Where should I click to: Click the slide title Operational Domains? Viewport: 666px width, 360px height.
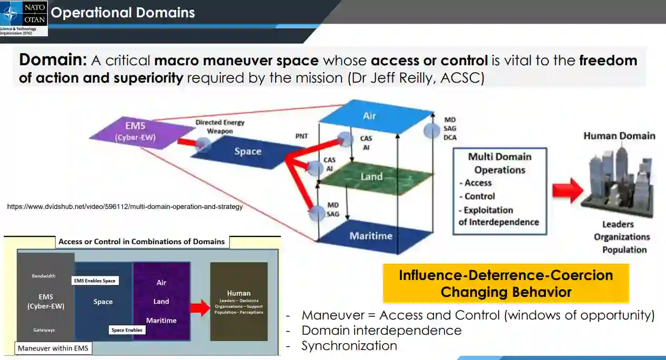123,13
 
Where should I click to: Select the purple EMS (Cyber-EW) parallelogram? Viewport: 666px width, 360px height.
135,132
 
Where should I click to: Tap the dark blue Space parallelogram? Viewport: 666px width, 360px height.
247,152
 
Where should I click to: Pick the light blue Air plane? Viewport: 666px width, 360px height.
370,116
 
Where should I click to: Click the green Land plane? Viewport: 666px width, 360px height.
371,177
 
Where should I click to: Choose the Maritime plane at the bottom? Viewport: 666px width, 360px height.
371,236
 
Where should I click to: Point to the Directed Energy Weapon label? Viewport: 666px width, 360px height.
220,126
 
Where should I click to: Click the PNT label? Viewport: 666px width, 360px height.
302,136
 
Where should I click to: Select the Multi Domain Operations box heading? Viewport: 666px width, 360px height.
500,163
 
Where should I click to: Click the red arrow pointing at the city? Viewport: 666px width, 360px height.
568,190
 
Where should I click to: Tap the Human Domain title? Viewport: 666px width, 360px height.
619,136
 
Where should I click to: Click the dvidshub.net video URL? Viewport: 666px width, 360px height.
125,207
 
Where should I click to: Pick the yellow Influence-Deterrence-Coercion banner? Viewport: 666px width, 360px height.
506,283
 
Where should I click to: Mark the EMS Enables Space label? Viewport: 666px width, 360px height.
95,281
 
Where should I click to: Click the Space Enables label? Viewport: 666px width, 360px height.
127,330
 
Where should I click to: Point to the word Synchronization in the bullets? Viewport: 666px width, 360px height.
349,346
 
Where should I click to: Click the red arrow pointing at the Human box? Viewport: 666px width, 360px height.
200,307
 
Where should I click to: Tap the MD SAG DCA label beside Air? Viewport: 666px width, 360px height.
450,129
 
